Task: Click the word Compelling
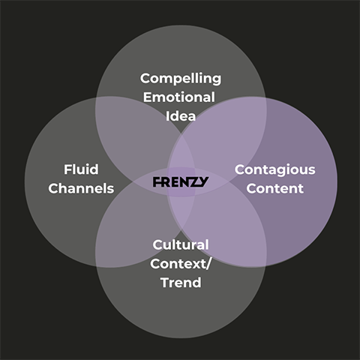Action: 181,79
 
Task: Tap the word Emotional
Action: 179,97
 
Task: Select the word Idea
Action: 181,116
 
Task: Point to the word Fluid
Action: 81,169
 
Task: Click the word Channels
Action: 81,188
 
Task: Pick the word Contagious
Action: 275,170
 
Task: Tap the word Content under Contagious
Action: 275,188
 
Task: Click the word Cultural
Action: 181,244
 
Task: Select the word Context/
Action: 181,264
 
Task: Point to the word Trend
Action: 181,283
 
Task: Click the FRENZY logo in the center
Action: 181,182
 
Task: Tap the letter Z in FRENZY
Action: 193,182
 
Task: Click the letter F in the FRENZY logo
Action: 157,182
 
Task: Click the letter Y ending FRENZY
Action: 203,182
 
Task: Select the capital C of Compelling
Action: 145,79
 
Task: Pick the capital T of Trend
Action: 166,283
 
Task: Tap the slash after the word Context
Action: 208,264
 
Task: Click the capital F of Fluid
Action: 68,169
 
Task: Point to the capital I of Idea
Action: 167,116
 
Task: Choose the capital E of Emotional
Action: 148,97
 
